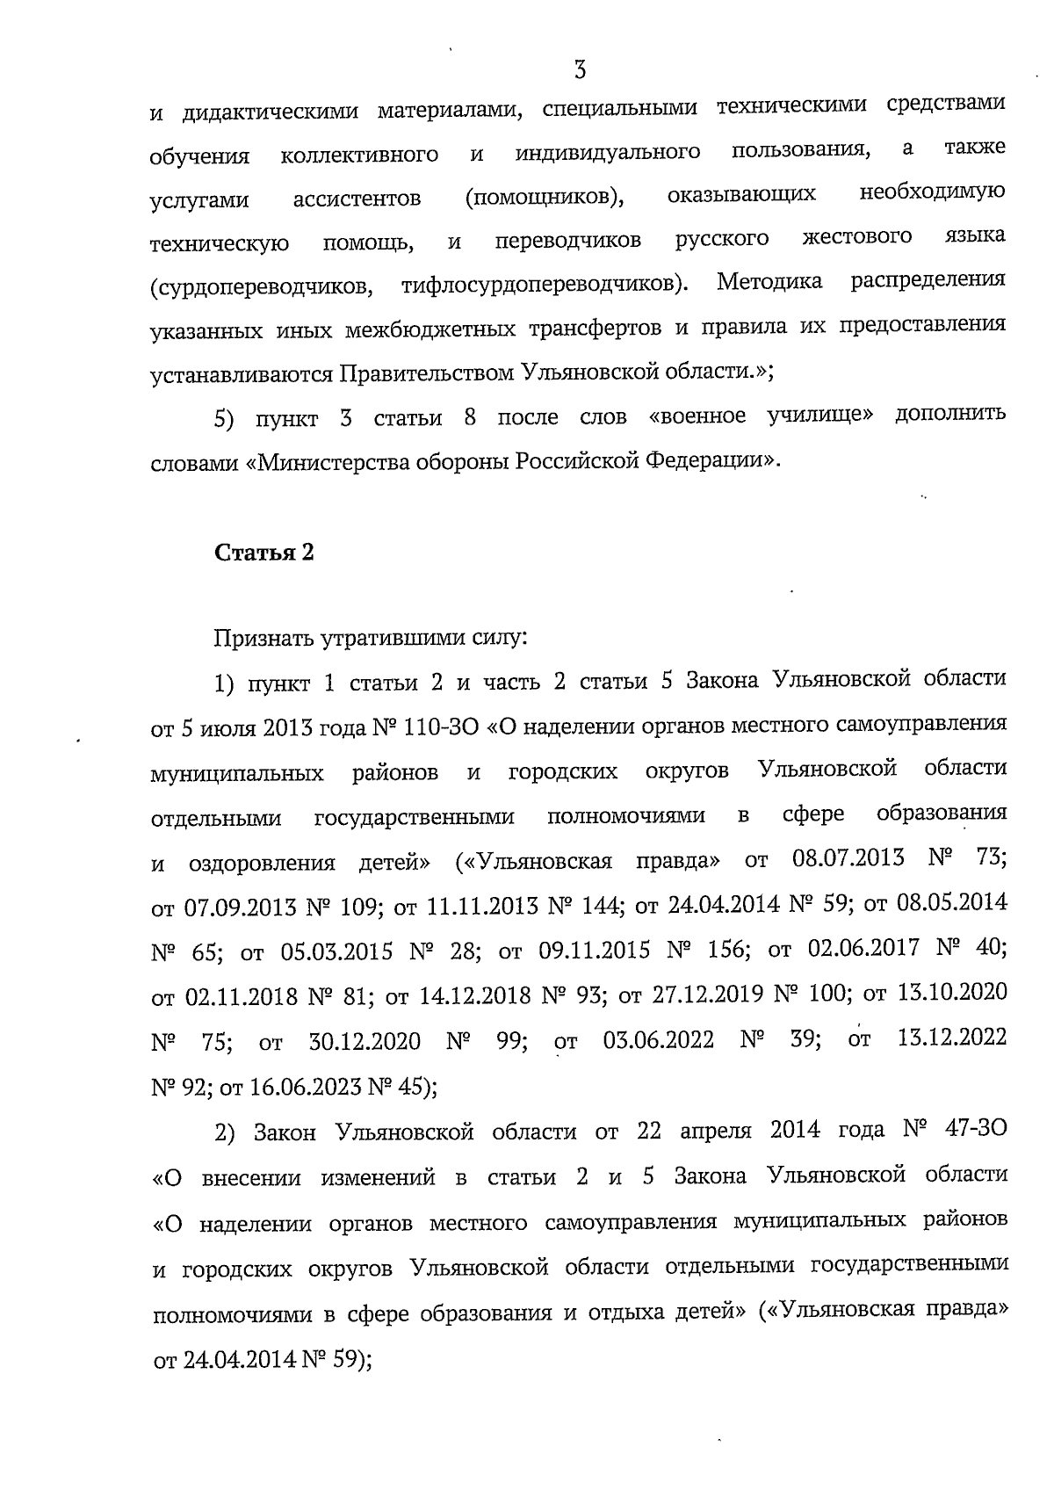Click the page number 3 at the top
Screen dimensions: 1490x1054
[x=579, y=69]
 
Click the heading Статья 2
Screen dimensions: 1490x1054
[x=264, y=553]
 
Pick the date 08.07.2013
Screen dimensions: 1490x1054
[x=848, y=858]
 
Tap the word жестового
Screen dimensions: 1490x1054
[x=856, y=238]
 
